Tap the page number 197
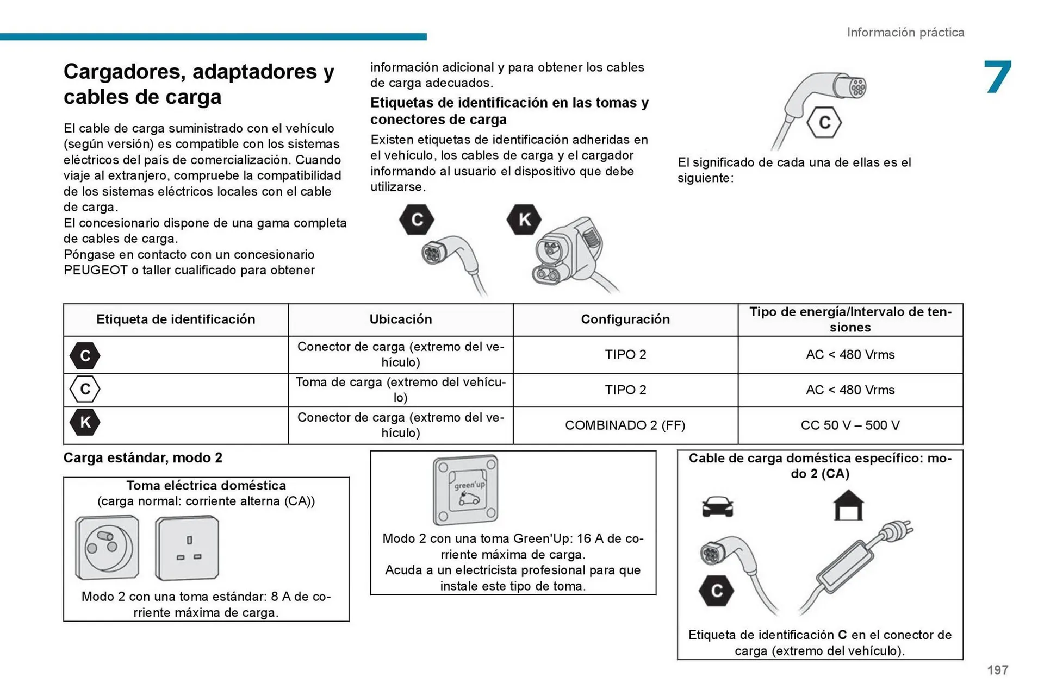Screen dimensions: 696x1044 (997, 670)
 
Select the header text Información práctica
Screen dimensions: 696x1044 (905, 33)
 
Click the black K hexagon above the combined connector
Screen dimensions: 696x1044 (524, 220)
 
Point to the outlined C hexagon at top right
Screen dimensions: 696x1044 (824, 123)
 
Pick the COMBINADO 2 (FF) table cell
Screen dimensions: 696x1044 (625, 425)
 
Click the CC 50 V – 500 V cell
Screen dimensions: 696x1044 (850, 425)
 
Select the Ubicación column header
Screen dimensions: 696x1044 (401, 319)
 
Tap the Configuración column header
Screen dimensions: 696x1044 (625, 319)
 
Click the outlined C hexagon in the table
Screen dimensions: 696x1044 (85, 389)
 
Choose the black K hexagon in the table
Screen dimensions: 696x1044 (85, 422)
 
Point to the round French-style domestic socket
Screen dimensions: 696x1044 (107, 547)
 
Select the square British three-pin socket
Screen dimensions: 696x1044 (187, 548)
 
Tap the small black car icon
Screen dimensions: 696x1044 (717, 506)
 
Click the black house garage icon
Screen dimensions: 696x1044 (848, 505)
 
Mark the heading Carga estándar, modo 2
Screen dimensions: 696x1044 (143, 458)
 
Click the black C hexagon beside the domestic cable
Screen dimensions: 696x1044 (716, 591)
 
